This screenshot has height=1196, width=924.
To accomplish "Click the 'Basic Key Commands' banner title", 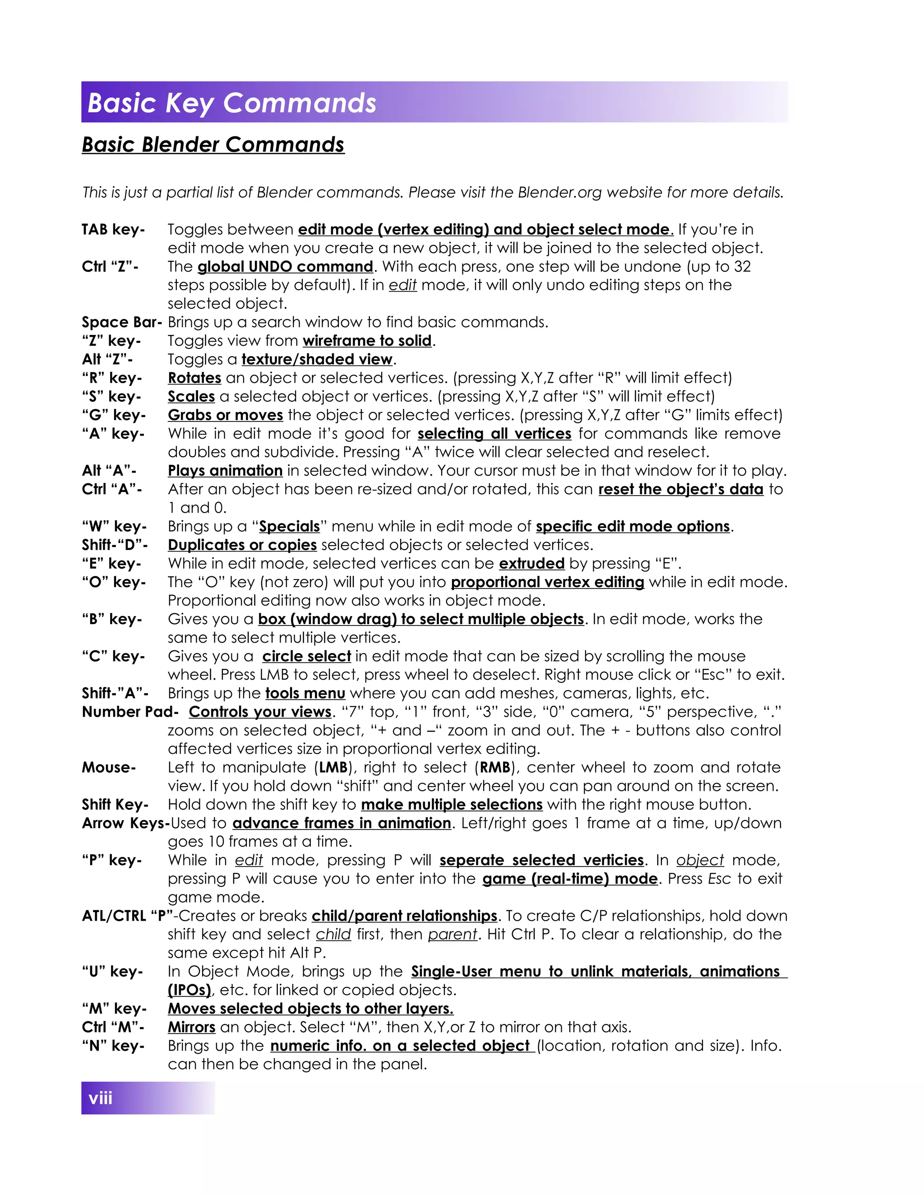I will [231, 103].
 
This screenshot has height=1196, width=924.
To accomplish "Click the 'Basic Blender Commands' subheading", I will [213, 144].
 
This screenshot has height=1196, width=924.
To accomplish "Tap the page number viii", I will [100, 1098].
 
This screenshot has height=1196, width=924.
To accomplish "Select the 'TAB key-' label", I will [113, 229].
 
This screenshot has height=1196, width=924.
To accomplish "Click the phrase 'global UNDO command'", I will [285, 267].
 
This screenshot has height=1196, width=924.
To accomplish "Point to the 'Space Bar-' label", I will [121, 322].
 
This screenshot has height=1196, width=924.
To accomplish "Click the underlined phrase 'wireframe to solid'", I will [367, 341].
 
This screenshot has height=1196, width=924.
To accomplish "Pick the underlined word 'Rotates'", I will [194, 378].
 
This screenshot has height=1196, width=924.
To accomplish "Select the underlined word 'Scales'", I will [191, 396].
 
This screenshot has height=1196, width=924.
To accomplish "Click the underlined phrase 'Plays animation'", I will [225, 471].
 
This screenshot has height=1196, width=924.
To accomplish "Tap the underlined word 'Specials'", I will [289, 527].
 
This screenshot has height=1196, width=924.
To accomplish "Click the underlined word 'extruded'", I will [531, 564].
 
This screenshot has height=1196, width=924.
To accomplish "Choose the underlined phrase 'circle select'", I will [306, 656].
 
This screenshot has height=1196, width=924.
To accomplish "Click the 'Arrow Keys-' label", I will [125, 823].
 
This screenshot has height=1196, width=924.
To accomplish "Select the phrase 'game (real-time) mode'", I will [570, 879].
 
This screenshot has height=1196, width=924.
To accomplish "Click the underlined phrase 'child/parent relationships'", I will [404, 916].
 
